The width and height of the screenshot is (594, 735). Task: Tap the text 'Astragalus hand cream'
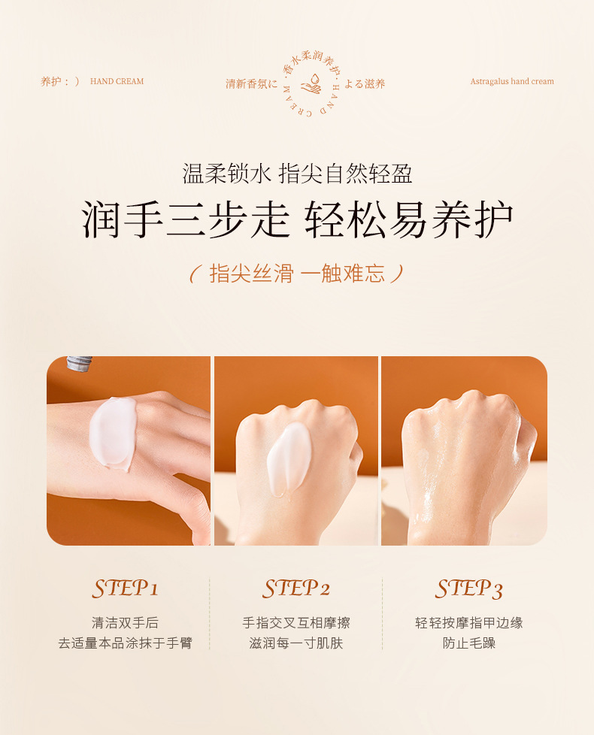coord(512,81)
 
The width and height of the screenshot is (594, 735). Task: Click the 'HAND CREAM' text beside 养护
coord(117,81)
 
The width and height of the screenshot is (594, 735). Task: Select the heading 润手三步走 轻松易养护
coord(297,219)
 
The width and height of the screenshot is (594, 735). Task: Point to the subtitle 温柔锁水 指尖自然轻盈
coord(297,174)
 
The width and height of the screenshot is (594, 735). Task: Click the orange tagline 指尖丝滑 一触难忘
coord(297,274)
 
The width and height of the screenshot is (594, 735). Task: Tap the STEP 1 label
coord(125,588)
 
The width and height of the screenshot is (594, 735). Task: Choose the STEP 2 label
coord(296,588)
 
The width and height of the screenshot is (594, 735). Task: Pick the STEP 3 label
coord(469,588)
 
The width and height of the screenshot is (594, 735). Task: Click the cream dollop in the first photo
coord(113,433)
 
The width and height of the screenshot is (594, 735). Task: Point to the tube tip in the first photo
coord(79,363)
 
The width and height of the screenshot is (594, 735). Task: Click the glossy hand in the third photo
coord(464,469)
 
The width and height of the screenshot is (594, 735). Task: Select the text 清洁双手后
coord(125,622)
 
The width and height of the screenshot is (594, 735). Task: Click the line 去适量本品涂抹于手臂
coord(125,643)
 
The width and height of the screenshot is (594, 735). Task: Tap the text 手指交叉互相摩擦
coord(296,622)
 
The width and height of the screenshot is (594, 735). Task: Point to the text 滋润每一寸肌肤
coord(296,643)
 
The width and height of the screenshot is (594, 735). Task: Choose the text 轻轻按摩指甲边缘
coord(469,622)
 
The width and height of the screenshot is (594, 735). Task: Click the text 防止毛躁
coord(469,643)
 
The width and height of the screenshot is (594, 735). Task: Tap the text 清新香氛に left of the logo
coord(251,84)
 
